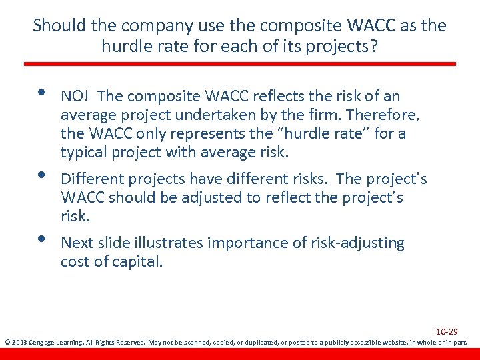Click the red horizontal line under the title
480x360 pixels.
pos(240,64)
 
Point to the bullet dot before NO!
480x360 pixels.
pos(41,93)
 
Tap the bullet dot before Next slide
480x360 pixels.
pos(41,239)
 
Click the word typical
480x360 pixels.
pos(83,152)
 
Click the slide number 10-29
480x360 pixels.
pos(447,331)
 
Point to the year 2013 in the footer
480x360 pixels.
pos(18,343)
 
